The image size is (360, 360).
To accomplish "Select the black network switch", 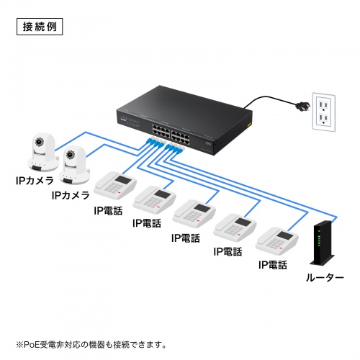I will point(184,118).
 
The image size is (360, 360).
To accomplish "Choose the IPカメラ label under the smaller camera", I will point(71,195).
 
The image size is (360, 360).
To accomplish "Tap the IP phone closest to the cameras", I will point(116,186).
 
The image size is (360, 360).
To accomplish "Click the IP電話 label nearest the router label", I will point(273,265).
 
